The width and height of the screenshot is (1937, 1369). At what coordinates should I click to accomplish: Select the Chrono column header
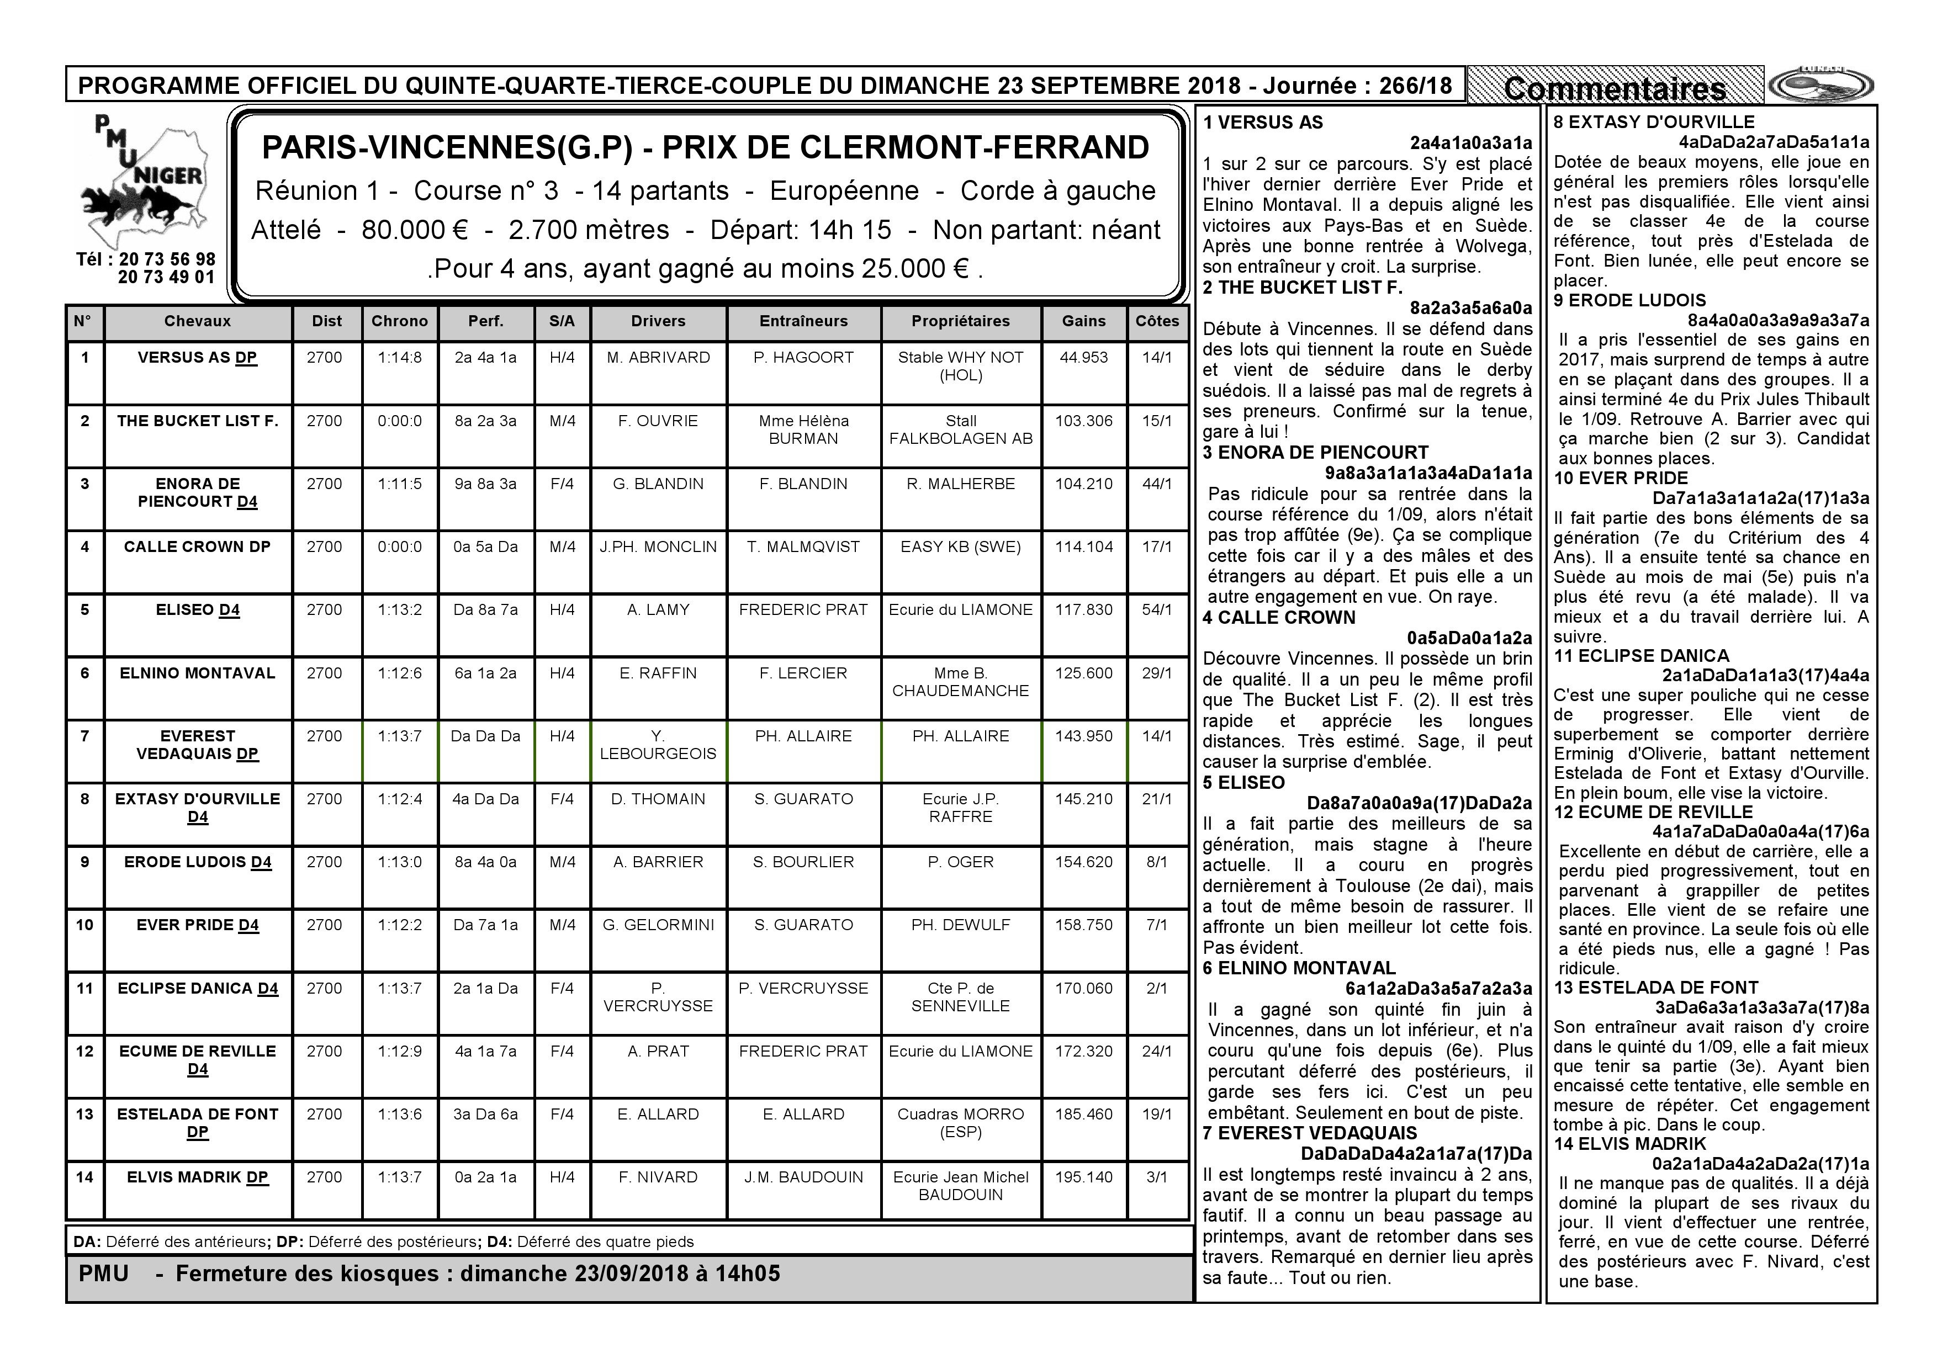point(399,321)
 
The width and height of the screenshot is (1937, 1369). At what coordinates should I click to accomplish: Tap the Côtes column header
point(1157,321)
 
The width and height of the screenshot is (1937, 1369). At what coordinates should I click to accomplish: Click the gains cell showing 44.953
point(1083,358)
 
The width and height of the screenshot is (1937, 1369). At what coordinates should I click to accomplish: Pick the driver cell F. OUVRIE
point(658,421)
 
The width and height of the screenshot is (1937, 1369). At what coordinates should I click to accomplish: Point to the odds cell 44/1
point(1157,484)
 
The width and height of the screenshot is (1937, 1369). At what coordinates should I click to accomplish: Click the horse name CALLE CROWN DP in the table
point(198,546)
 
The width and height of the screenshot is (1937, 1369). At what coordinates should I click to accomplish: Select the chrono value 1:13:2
point(399,610)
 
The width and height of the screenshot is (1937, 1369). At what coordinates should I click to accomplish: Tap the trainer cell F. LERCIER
point(803,673)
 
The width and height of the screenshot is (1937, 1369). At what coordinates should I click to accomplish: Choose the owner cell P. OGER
point(960,862)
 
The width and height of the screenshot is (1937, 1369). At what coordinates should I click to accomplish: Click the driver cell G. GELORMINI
point(658,925)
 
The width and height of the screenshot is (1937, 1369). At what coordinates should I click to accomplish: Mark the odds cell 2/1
point(1157,989)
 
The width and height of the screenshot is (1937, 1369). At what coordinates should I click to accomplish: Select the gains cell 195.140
point(1083,1177)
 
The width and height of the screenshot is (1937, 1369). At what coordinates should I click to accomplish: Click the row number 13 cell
point(84,1115)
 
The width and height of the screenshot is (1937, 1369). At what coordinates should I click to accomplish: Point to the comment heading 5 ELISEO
point(1243,783)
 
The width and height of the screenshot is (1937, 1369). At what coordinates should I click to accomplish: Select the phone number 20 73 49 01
point(166,278)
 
